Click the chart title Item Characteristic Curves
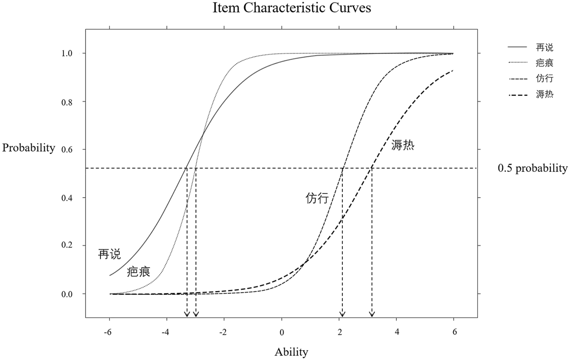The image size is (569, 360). click(292, 8)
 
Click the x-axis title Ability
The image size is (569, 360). click(291, 352)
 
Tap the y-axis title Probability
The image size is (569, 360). click(29, 148)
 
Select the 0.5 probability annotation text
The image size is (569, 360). click(532, 168)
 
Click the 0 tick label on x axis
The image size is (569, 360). click(282, 332)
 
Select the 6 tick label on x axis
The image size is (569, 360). click(454, 332)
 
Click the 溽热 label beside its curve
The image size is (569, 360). click(403, 145)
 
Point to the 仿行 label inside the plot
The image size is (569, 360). click(317, 198)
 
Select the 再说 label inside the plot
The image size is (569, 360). click(110, 254)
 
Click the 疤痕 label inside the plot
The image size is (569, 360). click(139, 272)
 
